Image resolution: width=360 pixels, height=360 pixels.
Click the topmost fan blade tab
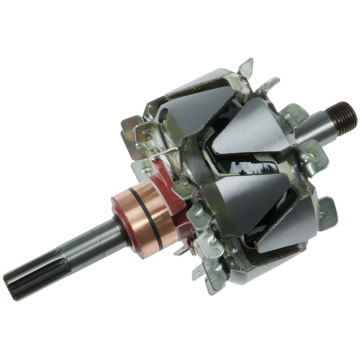pyautogui.click(x=246, y=67)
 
